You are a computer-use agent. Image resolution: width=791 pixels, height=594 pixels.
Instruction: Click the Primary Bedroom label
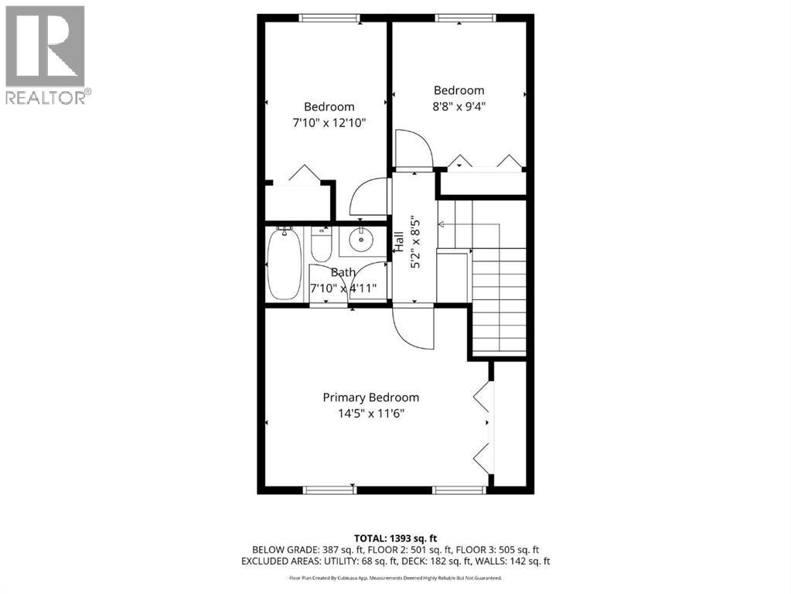370,398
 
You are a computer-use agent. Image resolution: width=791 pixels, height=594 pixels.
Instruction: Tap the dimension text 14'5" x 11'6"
370,413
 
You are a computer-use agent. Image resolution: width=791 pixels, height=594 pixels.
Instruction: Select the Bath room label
343,272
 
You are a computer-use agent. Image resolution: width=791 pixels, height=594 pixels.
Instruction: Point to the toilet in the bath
320,244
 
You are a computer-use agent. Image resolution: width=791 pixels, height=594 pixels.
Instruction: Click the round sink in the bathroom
360,240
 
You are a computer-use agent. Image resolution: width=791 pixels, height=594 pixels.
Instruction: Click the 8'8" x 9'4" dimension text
459,106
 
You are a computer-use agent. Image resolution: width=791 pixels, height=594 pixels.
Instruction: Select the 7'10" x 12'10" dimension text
329,122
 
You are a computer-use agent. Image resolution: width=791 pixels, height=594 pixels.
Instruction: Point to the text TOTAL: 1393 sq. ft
395,537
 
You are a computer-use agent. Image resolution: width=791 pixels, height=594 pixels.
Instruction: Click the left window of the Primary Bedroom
329,490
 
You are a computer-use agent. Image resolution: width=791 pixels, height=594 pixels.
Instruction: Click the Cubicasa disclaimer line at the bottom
395,578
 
